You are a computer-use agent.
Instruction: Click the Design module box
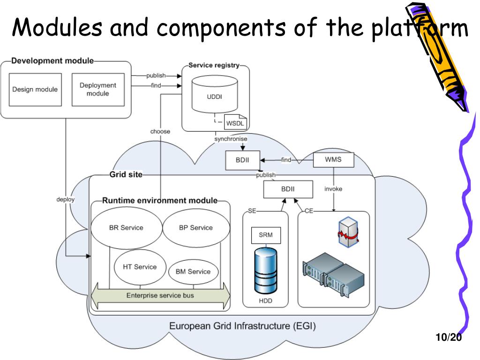35,90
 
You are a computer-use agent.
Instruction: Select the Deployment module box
98,90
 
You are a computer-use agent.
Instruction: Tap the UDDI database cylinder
215,94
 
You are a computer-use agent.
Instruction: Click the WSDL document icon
235,122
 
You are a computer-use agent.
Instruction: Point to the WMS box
333,160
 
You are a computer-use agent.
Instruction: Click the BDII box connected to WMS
242,160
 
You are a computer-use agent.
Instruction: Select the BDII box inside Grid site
288,189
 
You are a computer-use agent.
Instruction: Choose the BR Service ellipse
127,228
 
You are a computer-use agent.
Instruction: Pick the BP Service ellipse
196,228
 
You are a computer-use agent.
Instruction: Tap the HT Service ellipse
140,267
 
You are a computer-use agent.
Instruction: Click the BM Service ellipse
193,272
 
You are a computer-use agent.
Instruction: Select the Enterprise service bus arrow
160,296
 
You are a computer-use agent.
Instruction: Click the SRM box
266,235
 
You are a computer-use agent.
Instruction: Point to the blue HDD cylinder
266,270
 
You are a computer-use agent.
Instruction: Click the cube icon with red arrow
348,232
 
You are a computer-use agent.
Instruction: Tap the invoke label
333,189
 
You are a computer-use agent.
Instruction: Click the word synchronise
231,139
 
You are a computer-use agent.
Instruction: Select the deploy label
66,199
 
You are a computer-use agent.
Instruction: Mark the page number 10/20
449,337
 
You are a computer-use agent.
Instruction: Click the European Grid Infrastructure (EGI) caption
242,326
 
